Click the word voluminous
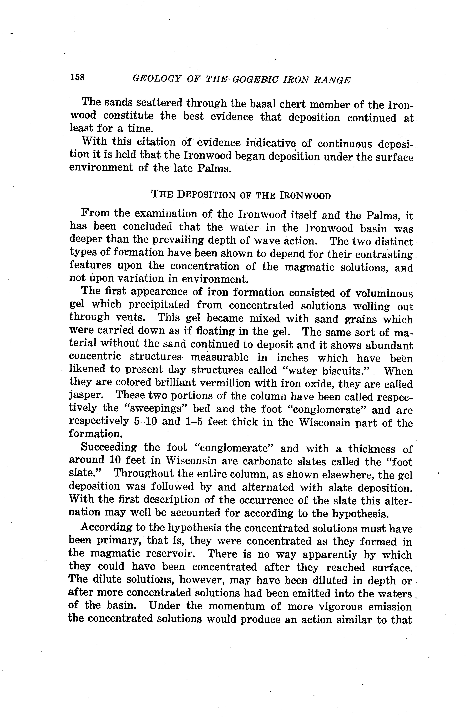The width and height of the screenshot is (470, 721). [384, 293]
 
